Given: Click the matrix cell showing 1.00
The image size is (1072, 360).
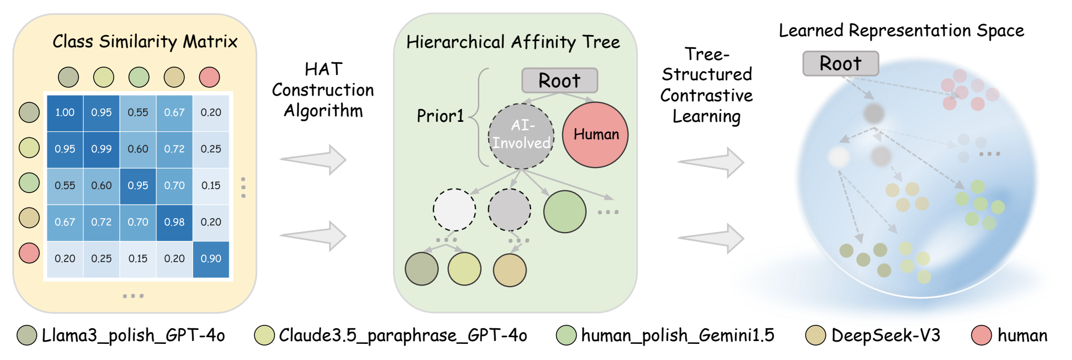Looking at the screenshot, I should pyautogui.click(x=65, y=112).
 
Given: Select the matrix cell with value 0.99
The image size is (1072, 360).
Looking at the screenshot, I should pyautogui.click(x=101, y=149).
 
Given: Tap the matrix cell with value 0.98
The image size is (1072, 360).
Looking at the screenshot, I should pyautogui.click(x=174, y=222).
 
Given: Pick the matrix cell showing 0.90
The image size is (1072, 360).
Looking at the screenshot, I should pyautogui.click(x=211, y=259).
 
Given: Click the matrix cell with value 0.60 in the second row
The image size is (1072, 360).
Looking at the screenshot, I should pyautogui.click(x=138, y=149).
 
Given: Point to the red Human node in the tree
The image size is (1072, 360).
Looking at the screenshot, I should pyautogui.click(x=596, y=135).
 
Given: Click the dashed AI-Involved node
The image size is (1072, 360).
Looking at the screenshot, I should pyautogui.click(x=522, y=135).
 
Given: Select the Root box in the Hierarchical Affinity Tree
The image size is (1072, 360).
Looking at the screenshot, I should pyautogui.click(x=559, y=81).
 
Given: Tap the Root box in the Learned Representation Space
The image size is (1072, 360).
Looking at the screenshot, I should pyautogui.click(x=840, y=63).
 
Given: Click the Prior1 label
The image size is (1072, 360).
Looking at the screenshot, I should pyautogui.click(x=440, y=116).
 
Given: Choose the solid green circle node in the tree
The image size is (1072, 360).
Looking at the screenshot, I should pyautogui.click(x=565, y=211).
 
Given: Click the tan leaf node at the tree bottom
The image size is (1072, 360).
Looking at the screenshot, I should pyautogui.click(x=510, y=270).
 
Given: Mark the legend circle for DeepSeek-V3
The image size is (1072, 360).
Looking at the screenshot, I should pyautogui.click(x=816, y=336).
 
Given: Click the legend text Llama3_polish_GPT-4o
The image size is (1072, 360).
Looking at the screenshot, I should pyautogui.click(x=134, y=336).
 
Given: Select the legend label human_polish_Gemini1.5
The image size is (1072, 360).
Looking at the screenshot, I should pyautogui.click(x=677, y=336).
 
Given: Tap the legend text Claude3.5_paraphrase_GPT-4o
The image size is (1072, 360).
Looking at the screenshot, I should pyautogui.click(x=403, y=336).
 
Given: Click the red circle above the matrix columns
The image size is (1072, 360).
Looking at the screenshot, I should pyautogui.click(x=209, y=77).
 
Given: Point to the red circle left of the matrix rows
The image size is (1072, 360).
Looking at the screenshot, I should pyautogui.click(x=29, y=253).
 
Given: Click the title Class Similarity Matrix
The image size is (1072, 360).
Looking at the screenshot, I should pyautogui.click(x=145, y=42).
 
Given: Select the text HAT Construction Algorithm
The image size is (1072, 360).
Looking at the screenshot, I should pyautogui.click(x=323, y=90).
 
